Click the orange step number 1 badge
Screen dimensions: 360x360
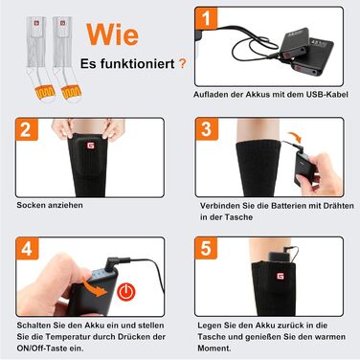206,18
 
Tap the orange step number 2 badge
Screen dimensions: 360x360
27,129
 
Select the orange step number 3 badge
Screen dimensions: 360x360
207,129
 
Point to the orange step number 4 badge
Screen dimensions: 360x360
27,249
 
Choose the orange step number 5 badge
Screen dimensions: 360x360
206,248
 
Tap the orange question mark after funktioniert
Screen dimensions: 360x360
182,63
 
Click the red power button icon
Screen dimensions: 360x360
126,292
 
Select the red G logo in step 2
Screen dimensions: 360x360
91,146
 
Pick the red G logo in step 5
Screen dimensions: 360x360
280,276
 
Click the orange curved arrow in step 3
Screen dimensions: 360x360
295,138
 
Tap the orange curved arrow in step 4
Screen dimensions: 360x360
95,287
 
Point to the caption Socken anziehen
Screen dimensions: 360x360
50,205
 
